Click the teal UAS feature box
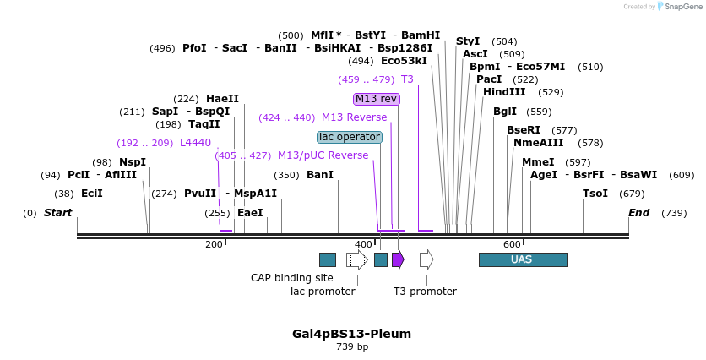pos(522,259)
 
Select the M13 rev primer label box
pos(376,99)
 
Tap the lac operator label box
pos(350,137)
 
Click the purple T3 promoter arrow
pos(398,259)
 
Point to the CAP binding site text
pos(292,277)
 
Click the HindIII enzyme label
pos(504,92)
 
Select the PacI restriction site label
pos(489,79)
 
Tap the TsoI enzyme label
pos(595,194)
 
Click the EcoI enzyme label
pos(91,194)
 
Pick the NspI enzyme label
pos(133,162)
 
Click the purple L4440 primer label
pos(195,143)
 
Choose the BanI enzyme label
pos(320,175)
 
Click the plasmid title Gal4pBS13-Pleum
pos(352,334)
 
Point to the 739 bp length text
pos(352,347)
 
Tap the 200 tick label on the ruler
pos(214,244)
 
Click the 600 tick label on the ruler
pos(512,244)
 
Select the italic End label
pos(638,213)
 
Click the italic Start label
pos(58,213)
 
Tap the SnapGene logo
pos(680,7)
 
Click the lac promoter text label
pos(323,292)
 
